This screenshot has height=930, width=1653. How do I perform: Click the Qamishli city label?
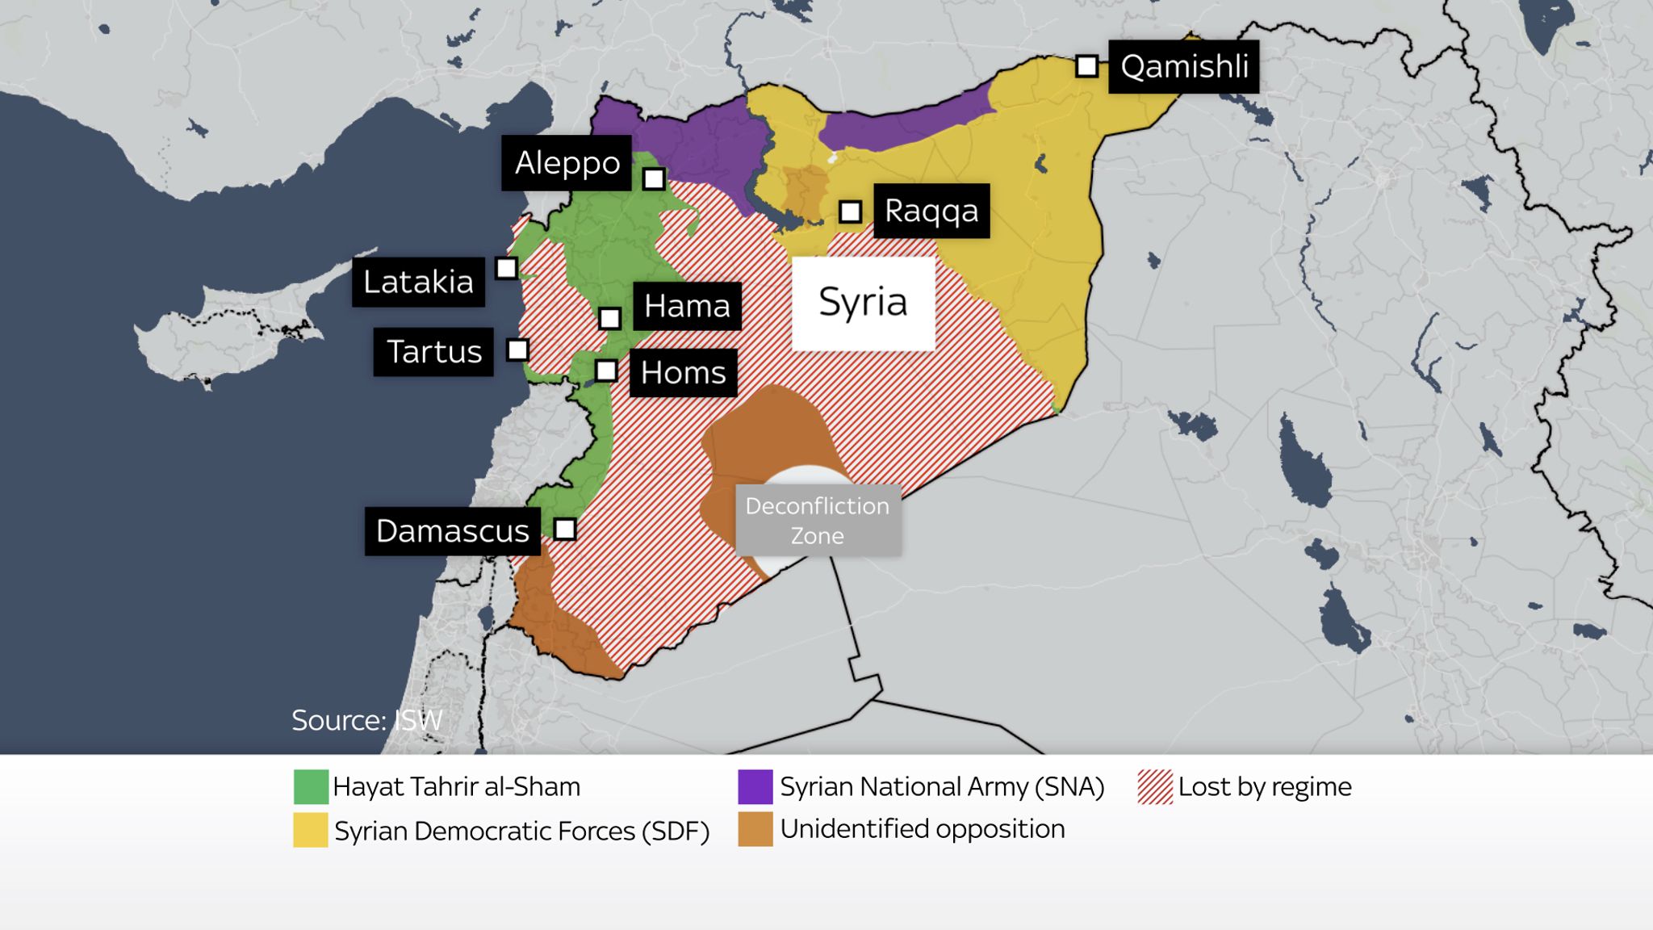coord(1183,67)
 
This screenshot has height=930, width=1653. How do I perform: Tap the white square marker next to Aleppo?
coord(654,178)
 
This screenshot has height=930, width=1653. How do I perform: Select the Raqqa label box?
coord(931,211)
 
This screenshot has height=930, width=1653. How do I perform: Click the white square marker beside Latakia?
coord(506,268)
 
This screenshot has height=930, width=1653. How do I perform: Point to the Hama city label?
coord(687,306)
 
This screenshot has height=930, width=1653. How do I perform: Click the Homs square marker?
coord(606,371)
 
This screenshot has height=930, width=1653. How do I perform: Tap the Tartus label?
coord(433,352)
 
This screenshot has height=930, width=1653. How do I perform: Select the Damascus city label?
coord(452,531)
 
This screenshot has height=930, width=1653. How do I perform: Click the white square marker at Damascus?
coord(565,530)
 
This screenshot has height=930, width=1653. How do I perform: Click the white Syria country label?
coord(863,303)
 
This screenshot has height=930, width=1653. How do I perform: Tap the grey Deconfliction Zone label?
coord(818,521)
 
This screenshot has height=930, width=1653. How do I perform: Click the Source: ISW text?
coord(367,720)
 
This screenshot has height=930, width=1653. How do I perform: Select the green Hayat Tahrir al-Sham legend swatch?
coord(311,787)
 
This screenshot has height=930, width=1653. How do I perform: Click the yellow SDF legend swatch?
coord(311,831)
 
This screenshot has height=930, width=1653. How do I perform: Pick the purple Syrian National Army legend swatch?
coord(755,787)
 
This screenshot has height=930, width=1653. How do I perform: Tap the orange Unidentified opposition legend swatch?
coord(755,830)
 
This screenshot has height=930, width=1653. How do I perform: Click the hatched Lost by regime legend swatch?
coord(1155,787)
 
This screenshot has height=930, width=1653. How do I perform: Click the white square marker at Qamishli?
coord(1087,66)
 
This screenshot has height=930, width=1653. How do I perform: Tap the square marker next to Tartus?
coord(517,350)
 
